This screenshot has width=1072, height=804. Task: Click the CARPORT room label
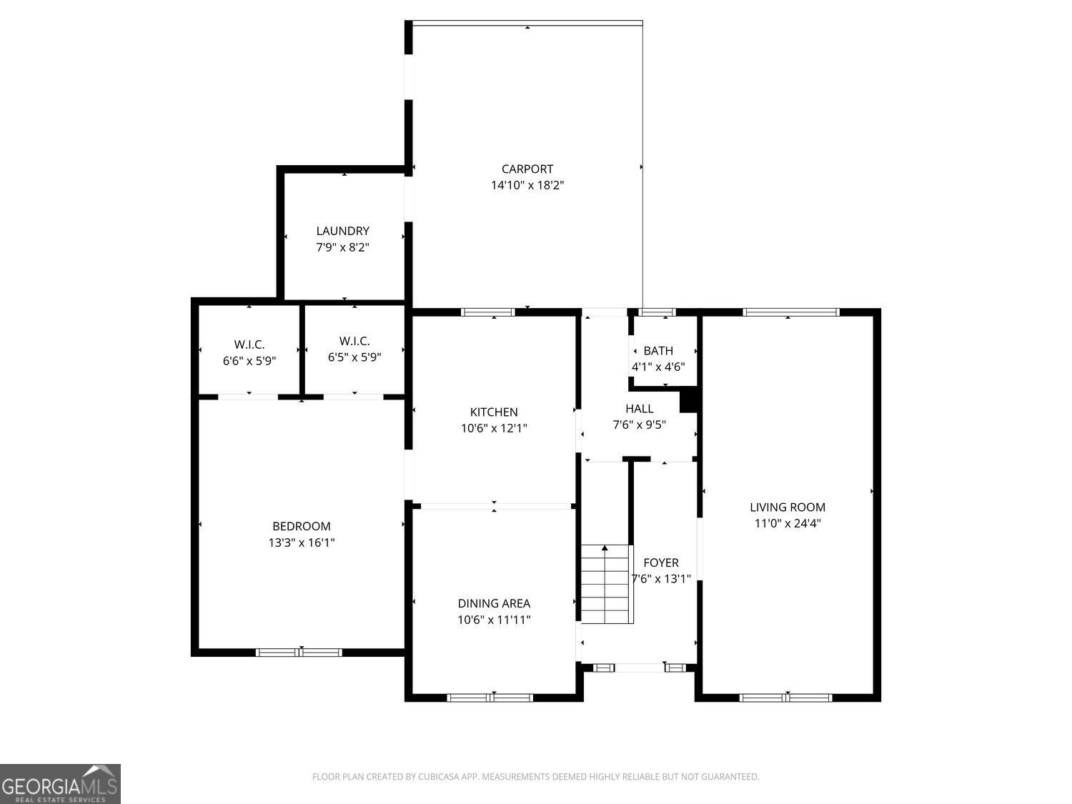(x=527, y=169)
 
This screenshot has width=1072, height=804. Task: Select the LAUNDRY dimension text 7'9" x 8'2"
(x=342, y=247)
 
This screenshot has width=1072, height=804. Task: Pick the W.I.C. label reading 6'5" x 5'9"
(x=354, y=357)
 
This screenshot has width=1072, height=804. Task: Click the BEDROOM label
(x=301, y=527)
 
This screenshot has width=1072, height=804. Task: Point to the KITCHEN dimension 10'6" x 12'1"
(x=494, y=428)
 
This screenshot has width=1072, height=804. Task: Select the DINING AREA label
(x=494, y=604)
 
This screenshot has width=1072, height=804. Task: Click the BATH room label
(x=658, y=351)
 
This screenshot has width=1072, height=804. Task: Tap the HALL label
(x=639, y=409)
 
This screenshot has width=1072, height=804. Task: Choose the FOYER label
(x=660, y=562)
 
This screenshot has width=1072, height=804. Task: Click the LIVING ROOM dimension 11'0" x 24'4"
(x=787, y=523)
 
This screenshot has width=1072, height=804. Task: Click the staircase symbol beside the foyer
(x=606, y=585)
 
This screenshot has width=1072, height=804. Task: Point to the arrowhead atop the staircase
(x=605, y=548)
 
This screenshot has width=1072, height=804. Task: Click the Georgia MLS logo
(x=60, y=784)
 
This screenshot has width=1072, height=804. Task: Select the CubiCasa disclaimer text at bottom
(x=535, y=777)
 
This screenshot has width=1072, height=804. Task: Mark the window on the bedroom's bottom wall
(x=299, y=652)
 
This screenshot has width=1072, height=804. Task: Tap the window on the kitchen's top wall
(x=488, y=312)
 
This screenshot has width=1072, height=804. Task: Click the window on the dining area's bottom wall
(x=490, y=698)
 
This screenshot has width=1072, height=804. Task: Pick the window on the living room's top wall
(x=790, y=312)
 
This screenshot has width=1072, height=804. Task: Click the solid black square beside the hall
(x=688, y=400)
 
